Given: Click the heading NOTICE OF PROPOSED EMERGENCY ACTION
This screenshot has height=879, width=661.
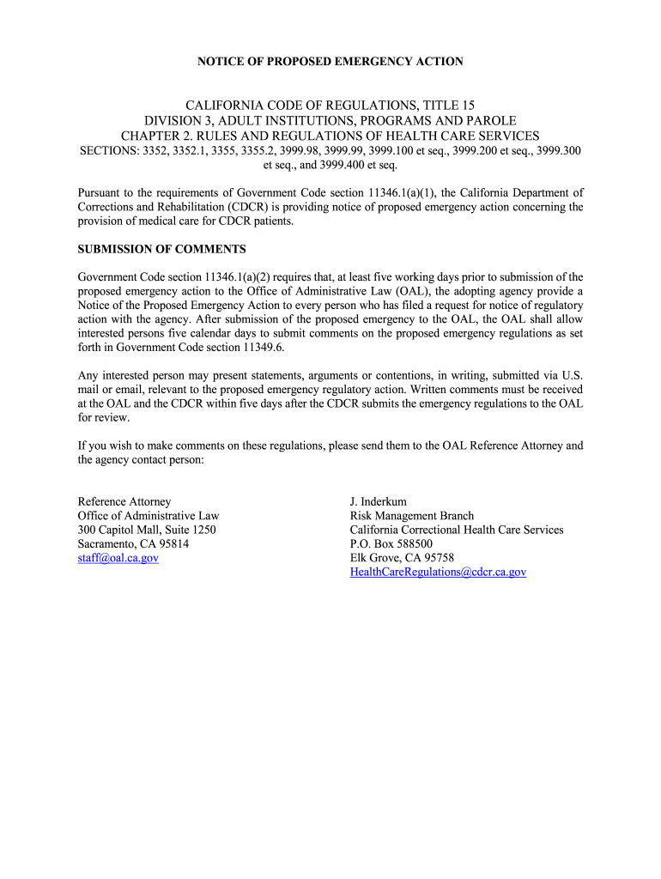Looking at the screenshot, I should (330, 61).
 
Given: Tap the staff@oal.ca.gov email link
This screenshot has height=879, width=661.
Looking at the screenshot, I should (118, 558).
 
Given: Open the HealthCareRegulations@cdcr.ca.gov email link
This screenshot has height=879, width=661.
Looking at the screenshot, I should (438, 572).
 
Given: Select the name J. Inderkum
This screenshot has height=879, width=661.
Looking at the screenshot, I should (379, 501).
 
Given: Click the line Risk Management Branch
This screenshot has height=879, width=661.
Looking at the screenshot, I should (411, 516).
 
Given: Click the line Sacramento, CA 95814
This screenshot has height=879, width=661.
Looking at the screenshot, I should (133, 544).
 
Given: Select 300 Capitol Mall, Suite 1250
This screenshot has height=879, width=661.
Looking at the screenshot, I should (147, 530).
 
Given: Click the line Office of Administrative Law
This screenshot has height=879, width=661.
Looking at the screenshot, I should (149, 516).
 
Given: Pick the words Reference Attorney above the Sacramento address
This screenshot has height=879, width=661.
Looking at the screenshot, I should (124, 501).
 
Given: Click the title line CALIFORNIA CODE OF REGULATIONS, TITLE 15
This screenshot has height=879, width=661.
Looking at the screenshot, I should (330, 105).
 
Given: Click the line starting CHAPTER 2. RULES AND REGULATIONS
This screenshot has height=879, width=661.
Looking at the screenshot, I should (330, 136).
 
